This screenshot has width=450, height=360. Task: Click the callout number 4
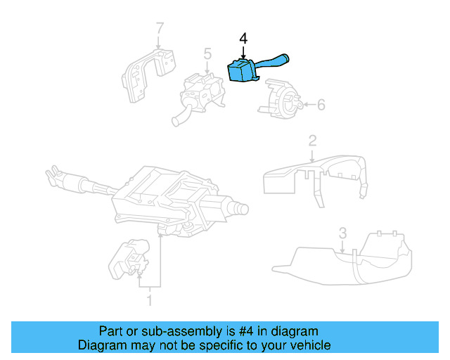point(243,38)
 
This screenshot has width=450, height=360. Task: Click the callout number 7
point(160,29)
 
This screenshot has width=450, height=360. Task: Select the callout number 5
point(207,53)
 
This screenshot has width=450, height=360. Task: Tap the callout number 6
point(321,105)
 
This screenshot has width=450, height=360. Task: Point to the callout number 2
point(311,141)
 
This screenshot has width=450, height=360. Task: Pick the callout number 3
point(342,232)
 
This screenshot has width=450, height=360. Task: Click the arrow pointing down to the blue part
point(243,53)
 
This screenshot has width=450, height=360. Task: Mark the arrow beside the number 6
point(307,105)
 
